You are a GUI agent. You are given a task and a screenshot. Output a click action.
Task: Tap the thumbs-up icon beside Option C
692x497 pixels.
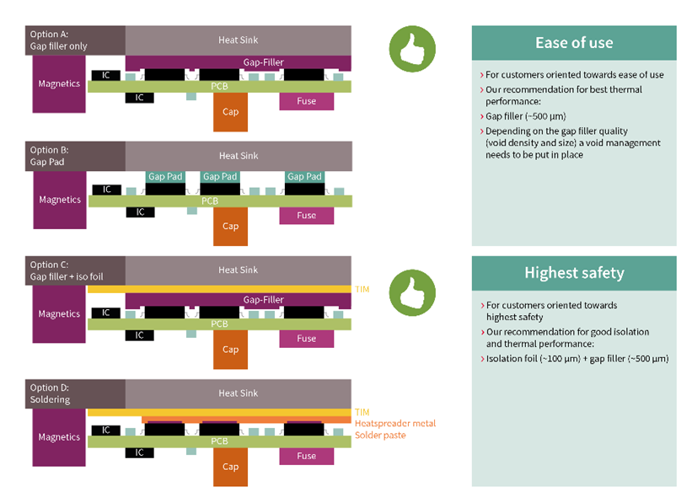pyautogui.click(x=412, y=291)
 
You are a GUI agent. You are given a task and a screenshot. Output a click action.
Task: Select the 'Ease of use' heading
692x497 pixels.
pyautogui.click(x=573, y=43)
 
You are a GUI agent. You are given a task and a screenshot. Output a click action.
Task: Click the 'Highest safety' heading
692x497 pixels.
pyautogui.click(x=573, y=273)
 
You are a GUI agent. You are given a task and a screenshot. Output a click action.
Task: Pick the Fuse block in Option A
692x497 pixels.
pyautogui.click(x=306, y=101)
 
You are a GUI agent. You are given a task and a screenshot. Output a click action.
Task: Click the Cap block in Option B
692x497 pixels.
pyautogui.click(x=230, y=226)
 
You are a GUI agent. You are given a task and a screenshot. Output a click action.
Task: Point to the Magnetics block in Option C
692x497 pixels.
pyautogui.click(x=59, y=314)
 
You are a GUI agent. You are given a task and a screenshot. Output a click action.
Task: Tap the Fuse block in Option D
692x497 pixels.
pyautogui.click(x=306, y=456)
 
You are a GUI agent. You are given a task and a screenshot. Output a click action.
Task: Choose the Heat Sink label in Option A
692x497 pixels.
pyautogui.click(x=239, y=40)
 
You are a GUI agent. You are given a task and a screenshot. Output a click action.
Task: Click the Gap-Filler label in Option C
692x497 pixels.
pyautogui.click(x=263, y=300)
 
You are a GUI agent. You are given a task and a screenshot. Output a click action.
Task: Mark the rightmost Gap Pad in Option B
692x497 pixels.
pyautogui.click(x=304, y=177)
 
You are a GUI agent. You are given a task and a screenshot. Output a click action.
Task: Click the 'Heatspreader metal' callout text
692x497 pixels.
pyautogui.click(x=394, y=423)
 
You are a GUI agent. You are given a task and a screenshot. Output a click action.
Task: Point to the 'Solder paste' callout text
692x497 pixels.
pyautogui.click(x=380, y=435)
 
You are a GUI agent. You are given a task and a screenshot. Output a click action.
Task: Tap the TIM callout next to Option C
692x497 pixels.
pyautogui.click(x=363, y=288)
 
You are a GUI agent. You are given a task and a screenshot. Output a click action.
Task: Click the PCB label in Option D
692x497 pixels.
pyautogui.click(x=219, y=441)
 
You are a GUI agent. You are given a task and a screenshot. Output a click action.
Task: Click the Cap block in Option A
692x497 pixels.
pyautogui.click(x=230, y=112)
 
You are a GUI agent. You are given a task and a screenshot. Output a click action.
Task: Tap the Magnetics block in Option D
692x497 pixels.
pyautogui.click(x=59, y=437)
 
